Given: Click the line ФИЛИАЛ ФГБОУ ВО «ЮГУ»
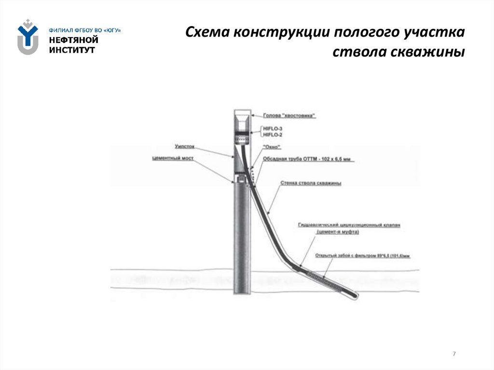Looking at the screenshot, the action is coord(84,30).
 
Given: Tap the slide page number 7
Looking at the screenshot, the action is coord(454,355).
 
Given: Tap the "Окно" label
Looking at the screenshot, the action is coord(272,147).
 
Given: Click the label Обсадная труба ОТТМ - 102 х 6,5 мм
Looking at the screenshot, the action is coord(309,158).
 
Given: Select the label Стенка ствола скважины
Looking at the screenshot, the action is coord(311,183).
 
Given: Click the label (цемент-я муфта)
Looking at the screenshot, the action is coord(338,232).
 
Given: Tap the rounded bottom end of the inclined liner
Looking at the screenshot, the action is coord(355,295).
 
